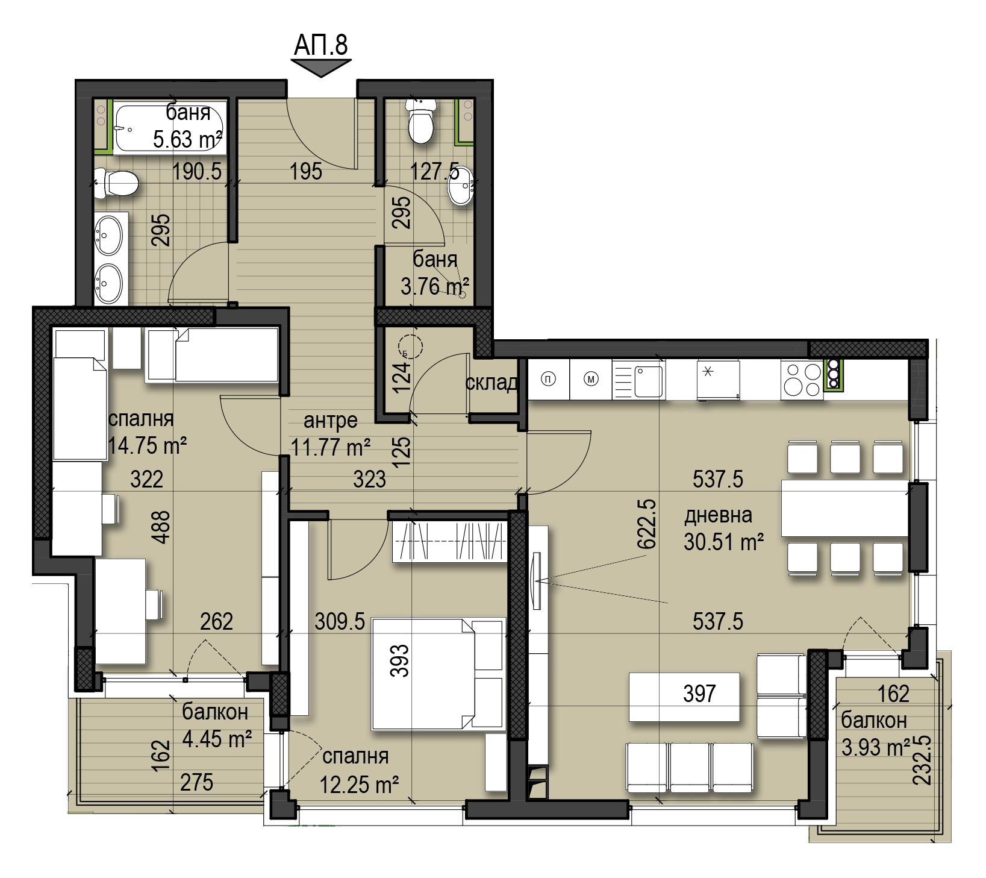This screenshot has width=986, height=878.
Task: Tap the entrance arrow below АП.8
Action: (321, 69)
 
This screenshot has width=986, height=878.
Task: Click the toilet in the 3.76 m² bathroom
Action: (420, 122)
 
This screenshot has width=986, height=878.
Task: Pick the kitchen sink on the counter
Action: (638, 380)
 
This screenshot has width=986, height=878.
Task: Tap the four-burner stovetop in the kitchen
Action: (802, 380)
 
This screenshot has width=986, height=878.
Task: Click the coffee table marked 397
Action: (684, 697)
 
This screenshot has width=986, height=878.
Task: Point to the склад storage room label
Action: (491, 383)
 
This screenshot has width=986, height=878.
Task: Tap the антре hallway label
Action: (331, 420)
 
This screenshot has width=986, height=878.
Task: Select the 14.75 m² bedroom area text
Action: (147, 445)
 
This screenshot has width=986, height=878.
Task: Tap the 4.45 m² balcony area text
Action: (217, 738)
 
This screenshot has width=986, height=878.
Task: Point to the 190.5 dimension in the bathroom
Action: (197, 172)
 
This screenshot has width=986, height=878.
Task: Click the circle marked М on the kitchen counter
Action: (591, 379)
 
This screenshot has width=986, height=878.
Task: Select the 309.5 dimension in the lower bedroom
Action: (340, 621)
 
